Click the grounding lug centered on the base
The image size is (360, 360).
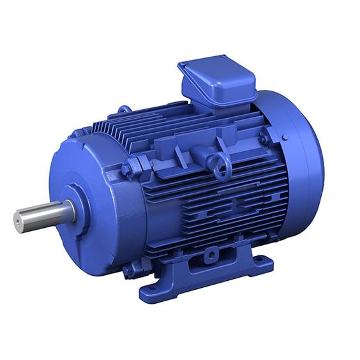[210, 255]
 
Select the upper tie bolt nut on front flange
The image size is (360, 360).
[128, 169]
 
